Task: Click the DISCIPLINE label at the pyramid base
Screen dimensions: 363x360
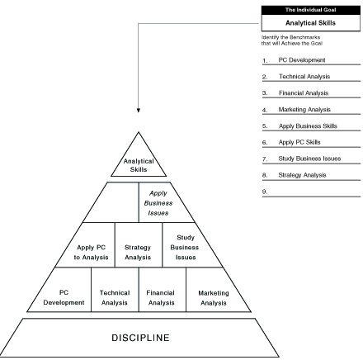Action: click(x=140, y=338)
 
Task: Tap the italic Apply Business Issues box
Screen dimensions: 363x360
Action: click(x=163, y=202)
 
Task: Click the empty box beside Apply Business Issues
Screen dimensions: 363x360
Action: click(x=115, y=202)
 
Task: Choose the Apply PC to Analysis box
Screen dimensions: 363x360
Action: click(x=89, y=245)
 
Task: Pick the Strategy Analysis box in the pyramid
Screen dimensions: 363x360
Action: click(x=139, y=245)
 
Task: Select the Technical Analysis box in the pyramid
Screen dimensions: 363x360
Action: click(x=115, y=290)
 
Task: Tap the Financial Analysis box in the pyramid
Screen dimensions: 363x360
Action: click(x=163, y=290)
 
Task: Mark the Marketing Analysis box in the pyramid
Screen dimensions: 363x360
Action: click(x=214, y=290)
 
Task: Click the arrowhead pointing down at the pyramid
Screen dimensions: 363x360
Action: click(x=139, y=111)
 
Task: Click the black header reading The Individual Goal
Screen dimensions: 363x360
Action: click(x=311, y=10)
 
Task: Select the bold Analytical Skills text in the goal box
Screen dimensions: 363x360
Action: click(x=310, y=23)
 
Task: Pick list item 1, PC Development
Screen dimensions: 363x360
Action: click(x=302, y=60)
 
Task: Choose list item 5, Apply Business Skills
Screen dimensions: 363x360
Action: click(x=308, y=126)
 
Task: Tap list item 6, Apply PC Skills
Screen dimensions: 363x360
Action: click(x=299, y=142)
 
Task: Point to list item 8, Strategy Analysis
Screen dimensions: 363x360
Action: click(x=302, y=175)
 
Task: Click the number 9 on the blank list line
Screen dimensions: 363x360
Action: click(x=265, y=192)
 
